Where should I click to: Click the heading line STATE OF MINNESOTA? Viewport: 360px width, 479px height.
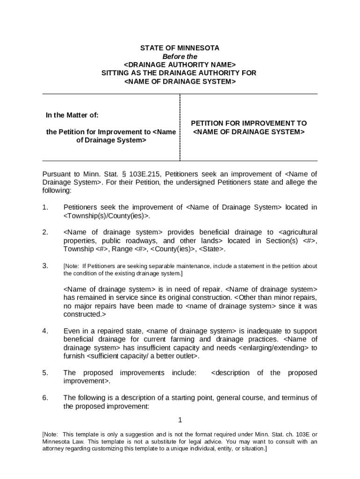point(180,48)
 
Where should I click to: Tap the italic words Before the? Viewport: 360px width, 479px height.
point(180,57)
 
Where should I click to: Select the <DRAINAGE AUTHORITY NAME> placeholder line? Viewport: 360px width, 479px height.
point(180,65)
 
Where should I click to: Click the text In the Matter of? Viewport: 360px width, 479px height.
point(72,115)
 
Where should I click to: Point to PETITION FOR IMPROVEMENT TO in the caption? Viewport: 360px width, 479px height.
point(249,123)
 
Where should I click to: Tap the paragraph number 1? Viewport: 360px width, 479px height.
point(45,207)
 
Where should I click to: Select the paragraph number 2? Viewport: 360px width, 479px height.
point(45,232)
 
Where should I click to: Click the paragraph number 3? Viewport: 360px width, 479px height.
point(45,266)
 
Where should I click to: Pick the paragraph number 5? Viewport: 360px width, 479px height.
point(45,373)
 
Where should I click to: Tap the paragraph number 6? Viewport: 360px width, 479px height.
point(45,398)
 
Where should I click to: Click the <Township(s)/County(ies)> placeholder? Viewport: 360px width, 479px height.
point(107,216)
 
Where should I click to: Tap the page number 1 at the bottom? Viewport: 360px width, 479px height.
point(180,420)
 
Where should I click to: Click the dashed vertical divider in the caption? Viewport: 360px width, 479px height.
point(180,127)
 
